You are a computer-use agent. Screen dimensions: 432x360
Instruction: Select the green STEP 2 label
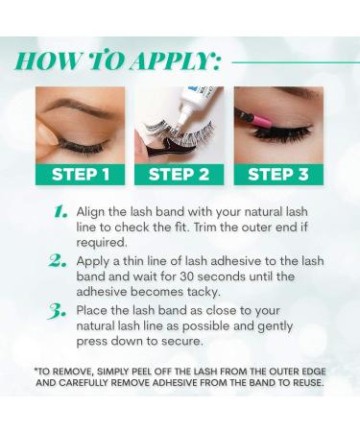click(179, 174)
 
